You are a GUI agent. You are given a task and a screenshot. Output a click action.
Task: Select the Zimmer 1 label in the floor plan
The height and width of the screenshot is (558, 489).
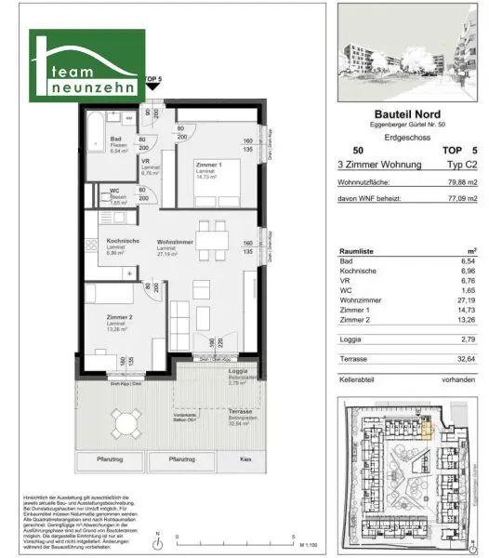coord(207,164)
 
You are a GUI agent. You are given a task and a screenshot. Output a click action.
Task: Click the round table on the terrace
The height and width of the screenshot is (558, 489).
coord(124,426)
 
